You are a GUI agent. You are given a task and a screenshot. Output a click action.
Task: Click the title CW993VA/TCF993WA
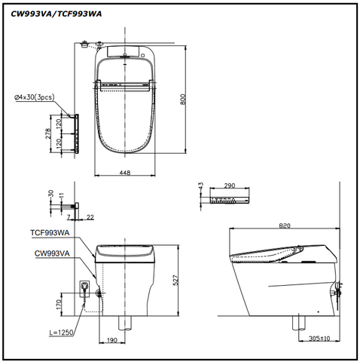point(52,12)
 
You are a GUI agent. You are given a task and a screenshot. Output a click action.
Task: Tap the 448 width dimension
point(124,173)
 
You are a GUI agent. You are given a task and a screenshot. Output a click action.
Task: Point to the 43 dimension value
point(201,186)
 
